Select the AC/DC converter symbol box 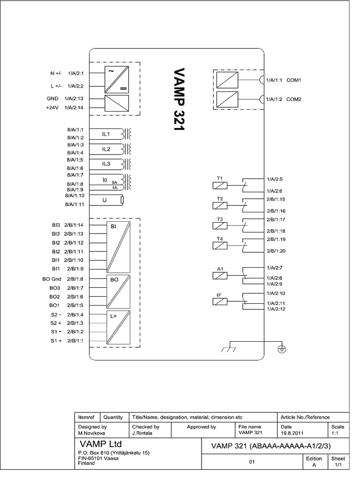(x=116, y=79)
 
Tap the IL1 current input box (x=106, y=134)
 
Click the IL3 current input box (x=106, y=164)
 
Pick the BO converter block (x=118, y=291)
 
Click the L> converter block (x=118, y=327)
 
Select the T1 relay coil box (x=220, y=185)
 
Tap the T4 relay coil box (x=220, y=246)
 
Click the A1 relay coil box (x=220, y=276)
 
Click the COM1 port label (x=293, y=80)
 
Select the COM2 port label (x=293, y=99)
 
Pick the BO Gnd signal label (x=52, y=278)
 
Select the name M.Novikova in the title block (x=91, y=434)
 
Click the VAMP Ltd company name (x=101, y=443)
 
